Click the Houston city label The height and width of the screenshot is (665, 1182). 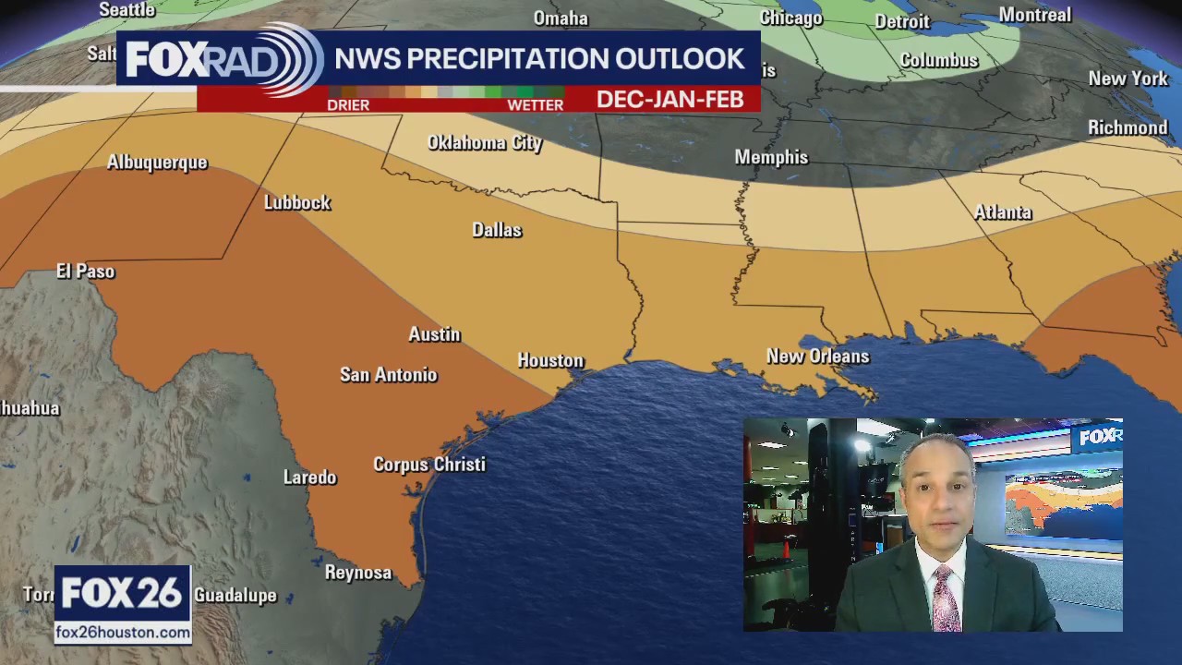click(550, 360)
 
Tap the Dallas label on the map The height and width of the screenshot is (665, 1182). click(497, 230)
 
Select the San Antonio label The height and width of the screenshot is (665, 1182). click(388, 374)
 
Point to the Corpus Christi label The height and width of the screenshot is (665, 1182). click(428, 464)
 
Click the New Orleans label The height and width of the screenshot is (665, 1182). click(817, 356)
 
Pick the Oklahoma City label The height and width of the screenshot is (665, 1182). click(485, 142)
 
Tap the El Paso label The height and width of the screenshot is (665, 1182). click(85, 271)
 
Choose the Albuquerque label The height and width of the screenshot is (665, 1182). click(157, 163)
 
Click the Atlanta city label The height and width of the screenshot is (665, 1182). click(1002, 212)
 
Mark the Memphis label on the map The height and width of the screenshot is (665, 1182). click(771, 157)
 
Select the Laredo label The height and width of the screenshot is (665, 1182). click(309, 477)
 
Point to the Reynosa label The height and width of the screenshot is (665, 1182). click(358, 573)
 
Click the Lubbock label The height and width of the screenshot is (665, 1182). click(296, 202)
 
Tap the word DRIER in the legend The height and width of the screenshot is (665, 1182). click(348, 105)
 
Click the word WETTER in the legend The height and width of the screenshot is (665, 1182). click(535, 105)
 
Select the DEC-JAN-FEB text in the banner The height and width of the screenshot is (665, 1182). click(669, 100)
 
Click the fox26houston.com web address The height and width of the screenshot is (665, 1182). click(123, 633)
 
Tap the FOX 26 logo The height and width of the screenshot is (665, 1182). click(122, 594)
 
